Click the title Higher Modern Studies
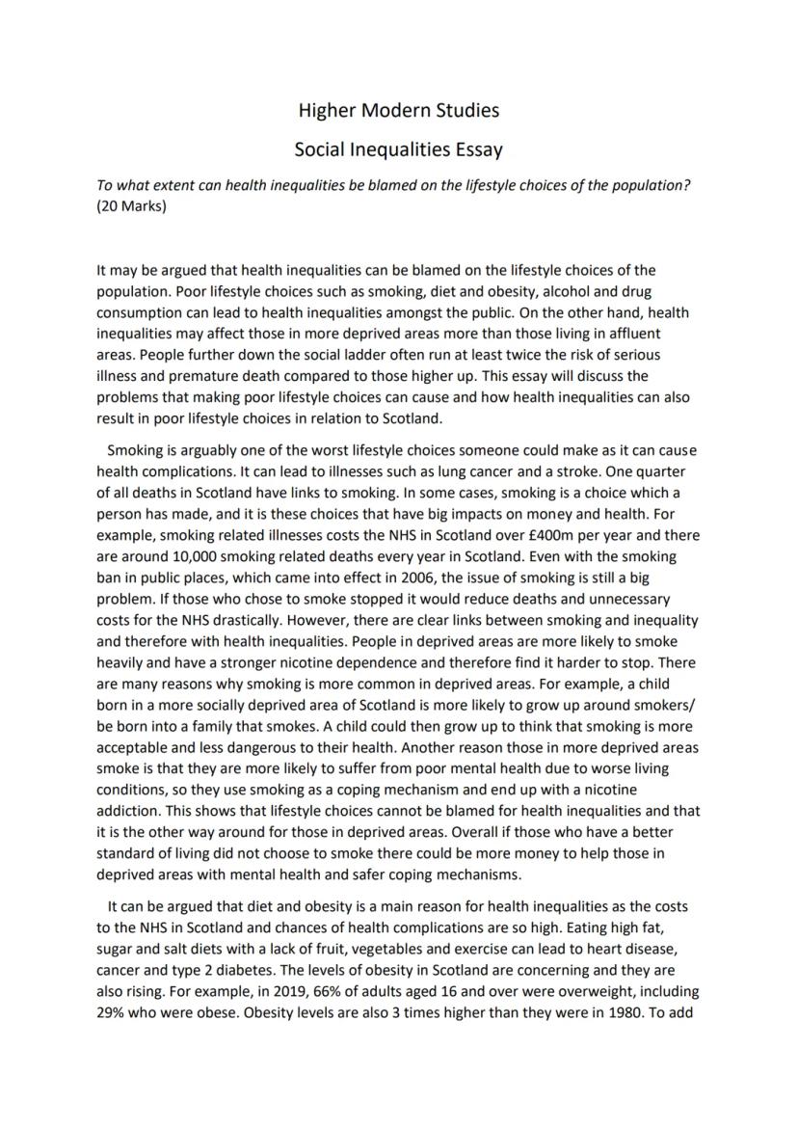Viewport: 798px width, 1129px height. coord(399,111)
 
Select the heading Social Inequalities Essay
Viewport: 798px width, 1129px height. coord(399,150)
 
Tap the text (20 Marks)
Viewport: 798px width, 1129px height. coord(131,206)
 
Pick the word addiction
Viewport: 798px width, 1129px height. coord(130,811)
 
